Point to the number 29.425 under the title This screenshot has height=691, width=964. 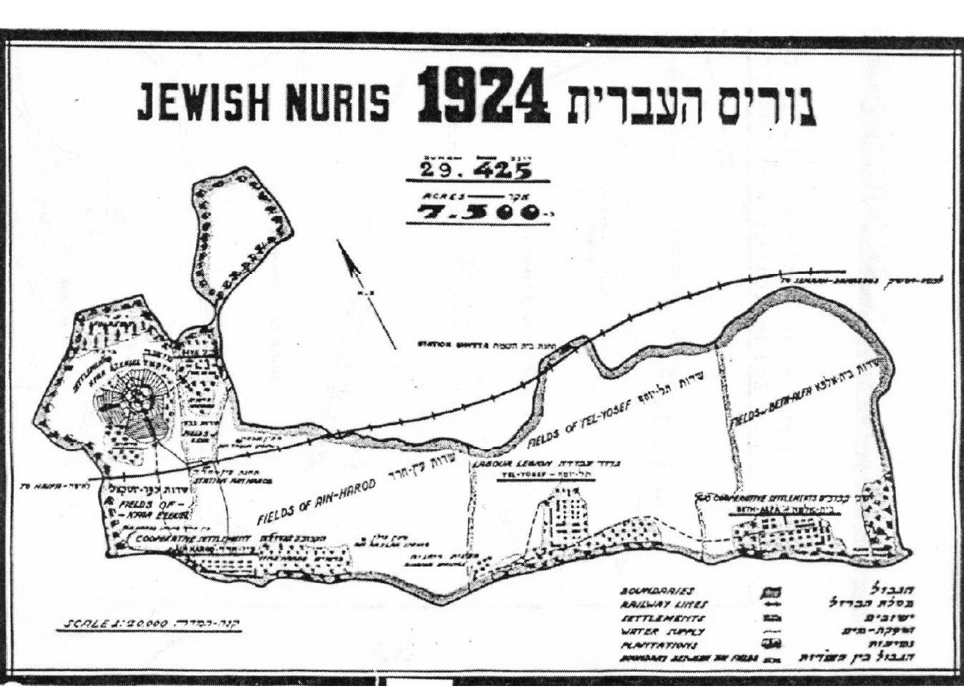pos(476,170)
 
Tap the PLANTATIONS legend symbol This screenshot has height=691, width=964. pos(774,644)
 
